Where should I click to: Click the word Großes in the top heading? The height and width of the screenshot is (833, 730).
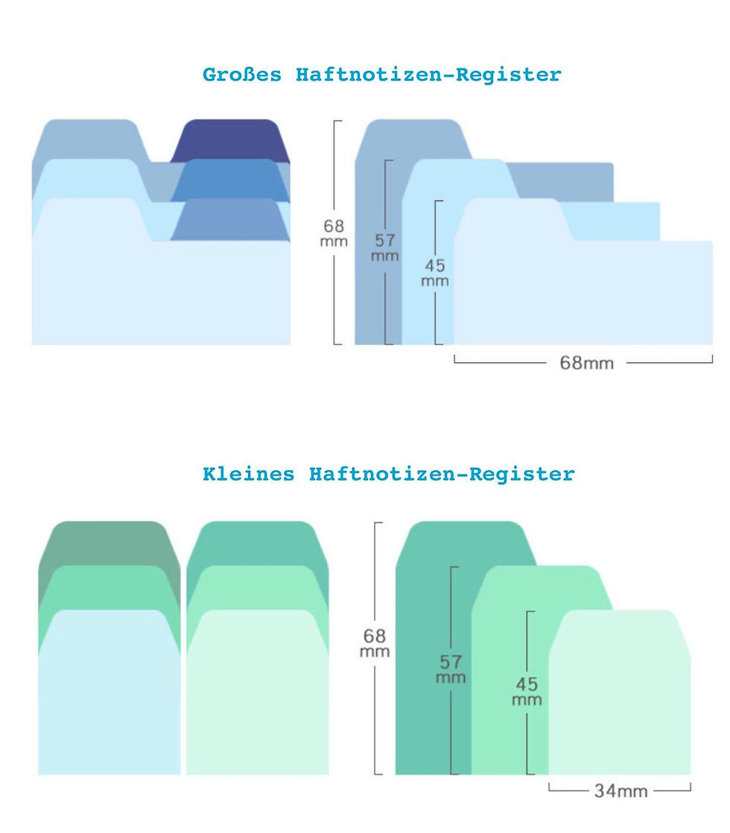tap(242, 75)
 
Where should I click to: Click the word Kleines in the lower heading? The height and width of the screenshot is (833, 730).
tap(248, 474)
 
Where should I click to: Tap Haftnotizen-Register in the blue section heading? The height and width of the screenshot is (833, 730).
tap(428, 75)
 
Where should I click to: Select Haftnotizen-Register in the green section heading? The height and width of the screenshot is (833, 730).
tap(442, 474)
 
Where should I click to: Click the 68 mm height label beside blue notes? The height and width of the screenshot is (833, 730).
tap(334, 233)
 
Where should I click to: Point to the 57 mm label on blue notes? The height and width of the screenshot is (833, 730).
tap(384, 247)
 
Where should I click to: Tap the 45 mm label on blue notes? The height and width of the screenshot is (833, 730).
tap(434, 273)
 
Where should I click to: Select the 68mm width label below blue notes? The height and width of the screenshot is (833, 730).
tap(586, 363)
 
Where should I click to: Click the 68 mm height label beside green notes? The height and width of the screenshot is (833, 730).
tap(375, 643)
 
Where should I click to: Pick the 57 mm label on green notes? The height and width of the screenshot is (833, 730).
tap(451, 669)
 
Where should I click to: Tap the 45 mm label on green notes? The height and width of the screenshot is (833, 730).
tap(527, 691)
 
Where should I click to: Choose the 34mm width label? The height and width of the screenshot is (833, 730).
tap(620, 791)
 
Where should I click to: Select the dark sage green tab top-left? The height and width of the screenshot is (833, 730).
tap(109, 542)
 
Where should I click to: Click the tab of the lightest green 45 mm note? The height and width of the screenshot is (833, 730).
tap(620, 632)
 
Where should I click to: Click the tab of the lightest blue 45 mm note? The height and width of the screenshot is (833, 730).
tap(512, 219)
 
